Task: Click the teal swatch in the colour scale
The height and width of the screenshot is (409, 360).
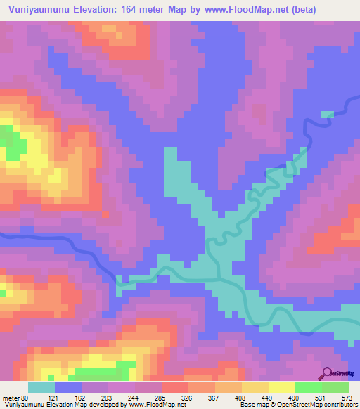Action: [41, 387]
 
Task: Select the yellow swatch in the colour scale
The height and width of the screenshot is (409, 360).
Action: [281, 387]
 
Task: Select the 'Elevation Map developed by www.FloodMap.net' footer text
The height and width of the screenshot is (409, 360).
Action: [106, 405]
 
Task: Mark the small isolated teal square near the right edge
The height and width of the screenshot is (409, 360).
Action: [328, 114]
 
